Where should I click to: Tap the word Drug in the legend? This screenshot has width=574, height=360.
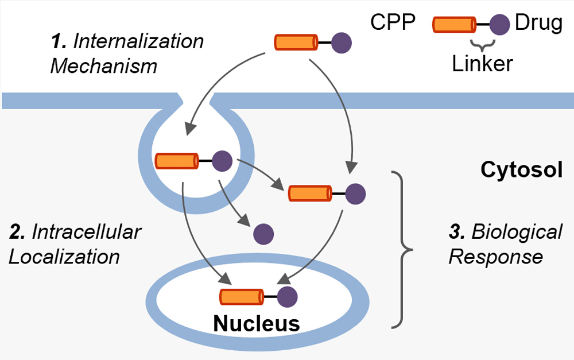click(538, 24)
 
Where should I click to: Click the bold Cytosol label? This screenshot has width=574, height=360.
click(521, 170)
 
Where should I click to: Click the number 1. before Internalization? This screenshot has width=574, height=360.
click(58, 41)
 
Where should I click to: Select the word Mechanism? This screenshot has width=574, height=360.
click(104, 65)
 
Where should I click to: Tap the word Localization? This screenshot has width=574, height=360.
click(64, 256)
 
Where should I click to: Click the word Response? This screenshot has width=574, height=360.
click(495, 256)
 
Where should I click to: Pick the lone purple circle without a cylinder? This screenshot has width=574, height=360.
click(263, 234)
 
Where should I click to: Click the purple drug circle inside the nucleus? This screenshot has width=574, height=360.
click(287, 297)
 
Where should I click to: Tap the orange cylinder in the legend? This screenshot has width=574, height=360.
click(454, 24)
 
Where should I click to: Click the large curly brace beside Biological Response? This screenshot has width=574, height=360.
click(404, 248)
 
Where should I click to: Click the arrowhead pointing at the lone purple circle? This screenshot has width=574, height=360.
click(245, 222)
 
